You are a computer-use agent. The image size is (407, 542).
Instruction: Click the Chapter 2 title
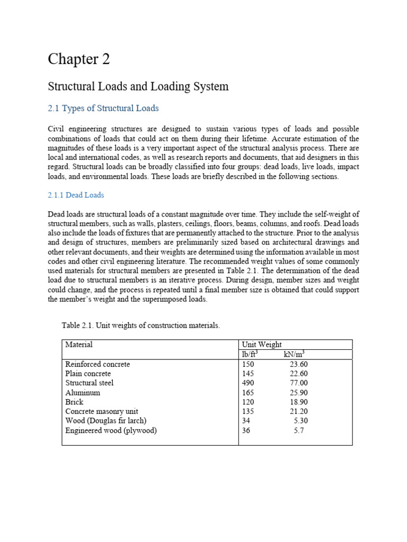tap(79, 59)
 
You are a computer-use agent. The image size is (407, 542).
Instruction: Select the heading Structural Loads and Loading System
tap(138, 86)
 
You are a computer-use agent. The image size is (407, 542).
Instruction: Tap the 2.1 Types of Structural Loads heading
tap(103, 109)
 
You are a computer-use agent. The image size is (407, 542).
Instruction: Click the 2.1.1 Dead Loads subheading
tap(76, 195)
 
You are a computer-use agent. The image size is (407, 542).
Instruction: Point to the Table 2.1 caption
tap(140, 326)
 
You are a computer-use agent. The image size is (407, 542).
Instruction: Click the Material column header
tap(79, 345)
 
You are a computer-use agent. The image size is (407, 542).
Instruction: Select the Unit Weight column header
tap(262, 345)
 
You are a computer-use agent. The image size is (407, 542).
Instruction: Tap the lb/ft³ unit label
tap(250, 354)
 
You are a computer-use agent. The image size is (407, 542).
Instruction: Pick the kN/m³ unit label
tap(294, 354)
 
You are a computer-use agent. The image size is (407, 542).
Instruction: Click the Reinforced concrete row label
tap(98, 365)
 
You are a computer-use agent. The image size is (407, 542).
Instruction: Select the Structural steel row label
tap(90, 383)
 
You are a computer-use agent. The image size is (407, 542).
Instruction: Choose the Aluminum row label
tap(83, 393)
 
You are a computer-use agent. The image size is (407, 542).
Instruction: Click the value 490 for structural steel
tap(248, 383)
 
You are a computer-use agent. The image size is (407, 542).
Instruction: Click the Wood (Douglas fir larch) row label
tap(105, 421)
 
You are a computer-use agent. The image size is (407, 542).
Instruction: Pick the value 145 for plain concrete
tap(248, 374)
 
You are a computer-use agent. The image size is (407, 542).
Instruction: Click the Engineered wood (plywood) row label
tap(111, 431)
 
